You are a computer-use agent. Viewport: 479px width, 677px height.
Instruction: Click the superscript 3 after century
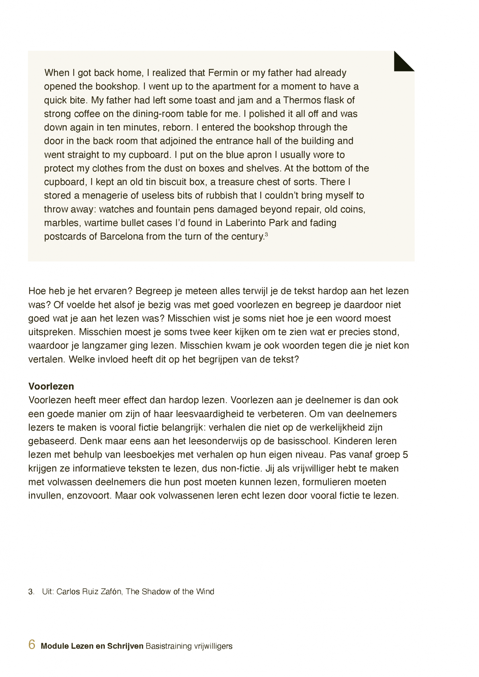(x=266, y=234)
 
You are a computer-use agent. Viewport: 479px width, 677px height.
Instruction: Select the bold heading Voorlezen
(x=51, y=386)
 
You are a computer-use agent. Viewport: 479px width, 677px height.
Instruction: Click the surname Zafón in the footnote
(x=111, y=591)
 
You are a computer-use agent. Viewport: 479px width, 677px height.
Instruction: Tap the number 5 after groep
(x=405, y=455)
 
